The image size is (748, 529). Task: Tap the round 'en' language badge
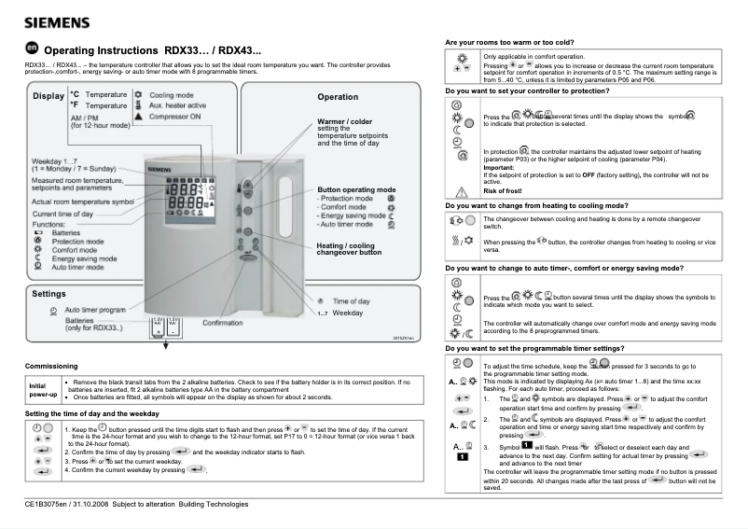tap(32, 49)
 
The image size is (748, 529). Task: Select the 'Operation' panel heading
tap(337, 97)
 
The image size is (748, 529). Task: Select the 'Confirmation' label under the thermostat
tap(223, 323)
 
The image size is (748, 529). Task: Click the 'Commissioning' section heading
tap(57, 367)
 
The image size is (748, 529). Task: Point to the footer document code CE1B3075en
tap(51, 505)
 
